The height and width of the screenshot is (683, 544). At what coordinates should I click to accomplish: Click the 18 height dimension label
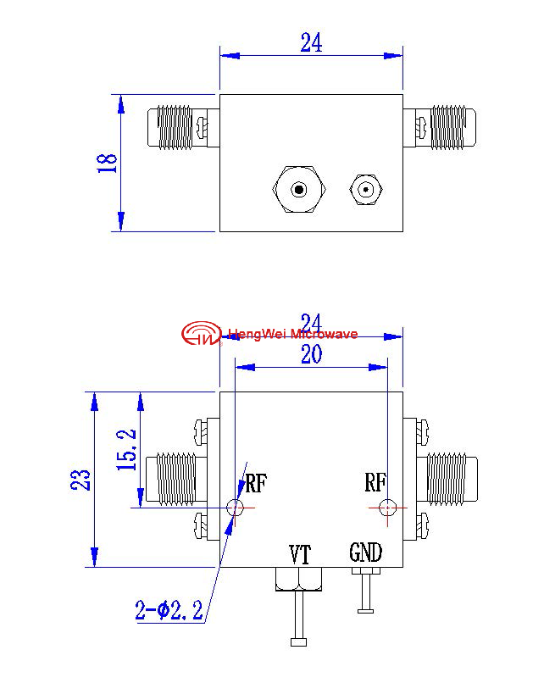(x=107, y=164)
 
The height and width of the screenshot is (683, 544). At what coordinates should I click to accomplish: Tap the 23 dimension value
(x=81, y=480)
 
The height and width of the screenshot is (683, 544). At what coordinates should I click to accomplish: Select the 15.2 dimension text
(x=126, y=450)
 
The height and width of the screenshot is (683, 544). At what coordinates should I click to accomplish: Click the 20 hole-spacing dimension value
(x=312, y=354)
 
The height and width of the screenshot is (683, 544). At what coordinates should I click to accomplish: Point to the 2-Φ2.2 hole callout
(x=169, y=610)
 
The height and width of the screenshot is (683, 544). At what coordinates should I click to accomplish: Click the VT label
(x=300, y=554)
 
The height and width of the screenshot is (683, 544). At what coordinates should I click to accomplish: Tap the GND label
(x=366, y=553)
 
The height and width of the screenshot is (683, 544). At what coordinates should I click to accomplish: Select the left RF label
(x=256, y=483)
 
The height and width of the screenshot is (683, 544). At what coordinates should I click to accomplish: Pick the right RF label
(x=375, y=482)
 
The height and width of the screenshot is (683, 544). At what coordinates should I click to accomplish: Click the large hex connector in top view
(x=299, y=190)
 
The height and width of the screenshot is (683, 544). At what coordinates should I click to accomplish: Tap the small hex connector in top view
(x=366, y=190)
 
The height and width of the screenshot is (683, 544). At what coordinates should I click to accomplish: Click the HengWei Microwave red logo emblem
(x=201, y=333)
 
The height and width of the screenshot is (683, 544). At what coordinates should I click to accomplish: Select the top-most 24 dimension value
(x=312, y=42)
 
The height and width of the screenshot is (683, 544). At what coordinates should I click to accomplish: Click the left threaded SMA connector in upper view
(x=176, y=127)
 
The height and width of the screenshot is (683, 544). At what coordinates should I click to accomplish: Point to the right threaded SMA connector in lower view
(x=447, y=479)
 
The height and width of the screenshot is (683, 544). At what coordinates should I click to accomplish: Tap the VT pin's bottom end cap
(x=299, y=642)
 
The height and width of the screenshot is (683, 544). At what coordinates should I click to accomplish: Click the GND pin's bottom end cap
(x=366, y=611)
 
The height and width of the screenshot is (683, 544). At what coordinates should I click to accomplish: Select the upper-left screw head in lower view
(x=200, y=431)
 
